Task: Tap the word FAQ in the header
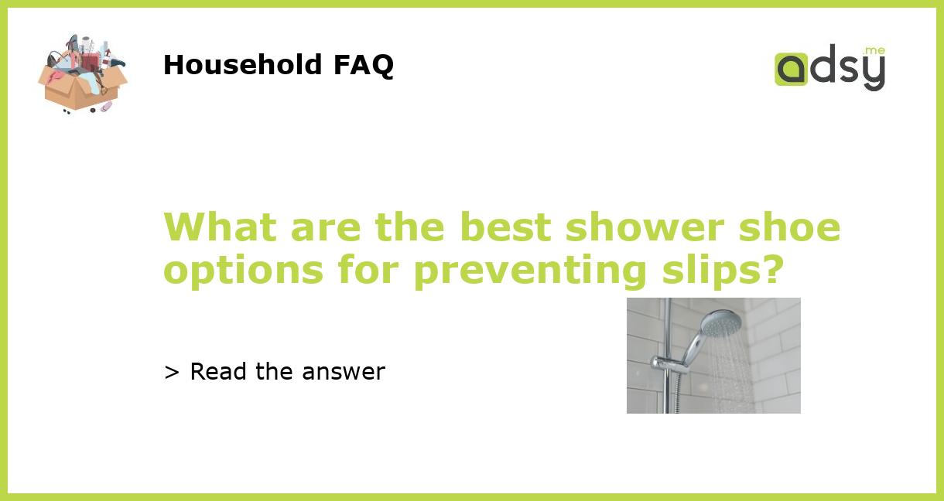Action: tap(363, 65)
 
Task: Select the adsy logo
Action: tap(829, 68)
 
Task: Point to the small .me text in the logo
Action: tap(874, 51)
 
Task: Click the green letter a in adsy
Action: tap(792, 70)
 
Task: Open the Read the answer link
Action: tap(275, 372)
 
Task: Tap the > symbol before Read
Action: tap(172, 372)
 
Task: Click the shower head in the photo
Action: tap(722, 321)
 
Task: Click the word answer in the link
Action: tap(344, 372)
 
